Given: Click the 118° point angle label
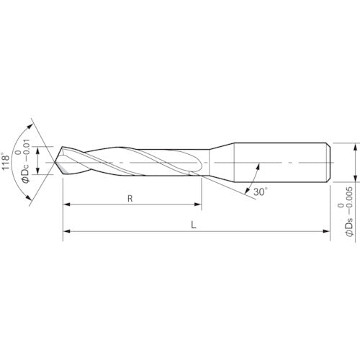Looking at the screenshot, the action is point(5,161).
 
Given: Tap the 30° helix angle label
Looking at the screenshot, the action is point(261,192).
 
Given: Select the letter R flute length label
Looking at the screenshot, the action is point(130,199).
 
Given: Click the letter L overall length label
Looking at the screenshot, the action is point(194,225).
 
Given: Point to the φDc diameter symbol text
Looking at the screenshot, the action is point(26,172).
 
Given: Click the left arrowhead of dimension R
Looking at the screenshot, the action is point(66,204).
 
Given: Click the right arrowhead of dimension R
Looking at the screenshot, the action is point(197,204).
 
